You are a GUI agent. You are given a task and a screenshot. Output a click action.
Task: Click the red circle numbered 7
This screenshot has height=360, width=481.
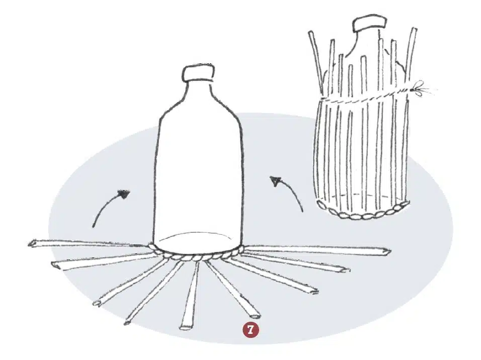(x=251, y=330)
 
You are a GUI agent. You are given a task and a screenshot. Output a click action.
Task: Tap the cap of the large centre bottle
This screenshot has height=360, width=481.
(x=198, y=73)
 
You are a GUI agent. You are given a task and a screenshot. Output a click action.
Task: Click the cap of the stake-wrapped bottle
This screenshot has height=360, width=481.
(x=369, y=24)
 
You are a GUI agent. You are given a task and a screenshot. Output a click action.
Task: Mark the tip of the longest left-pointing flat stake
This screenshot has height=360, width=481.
(x=32, y=244)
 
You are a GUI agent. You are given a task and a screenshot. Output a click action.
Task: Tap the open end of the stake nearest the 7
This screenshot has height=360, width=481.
(x=254, y=315)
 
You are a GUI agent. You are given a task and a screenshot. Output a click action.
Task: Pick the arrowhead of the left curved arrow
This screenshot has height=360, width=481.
(x=125, y=194)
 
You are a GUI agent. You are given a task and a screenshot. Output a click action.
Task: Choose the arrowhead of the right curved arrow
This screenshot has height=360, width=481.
(x=275, y=181)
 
